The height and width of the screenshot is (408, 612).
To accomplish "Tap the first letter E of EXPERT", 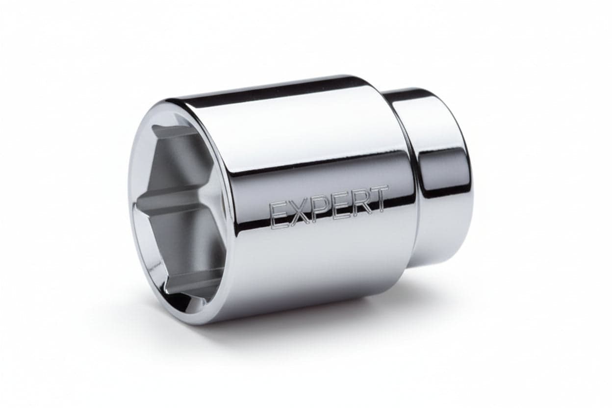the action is tap(279, 216).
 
